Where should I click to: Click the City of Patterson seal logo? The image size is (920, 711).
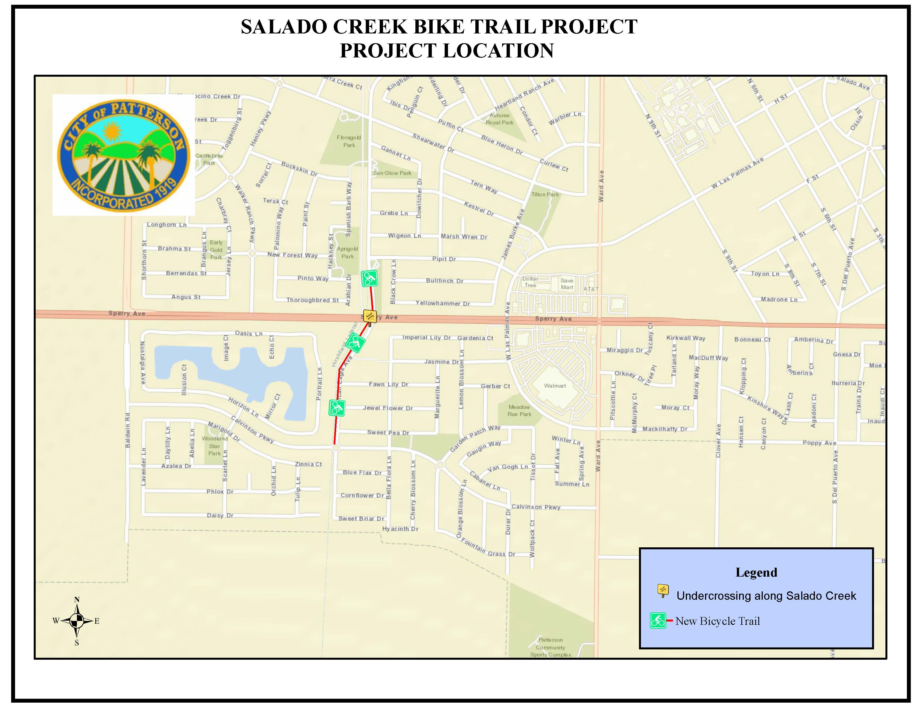(x=124, y=155)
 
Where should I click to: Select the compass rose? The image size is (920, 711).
(x=77, y=620)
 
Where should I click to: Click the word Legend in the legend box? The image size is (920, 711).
(x=756, y=572)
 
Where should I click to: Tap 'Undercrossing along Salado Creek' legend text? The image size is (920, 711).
(x=766, y=596)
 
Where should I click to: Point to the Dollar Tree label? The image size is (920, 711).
(x=530, y=282)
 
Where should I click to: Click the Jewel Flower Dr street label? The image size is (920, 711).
(x=388, y=408)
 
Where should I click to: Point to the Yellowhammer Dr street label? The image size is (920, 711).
(x=442, y=303)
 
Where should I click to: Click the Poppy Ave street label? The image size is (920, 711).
(x=819, y=443)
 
